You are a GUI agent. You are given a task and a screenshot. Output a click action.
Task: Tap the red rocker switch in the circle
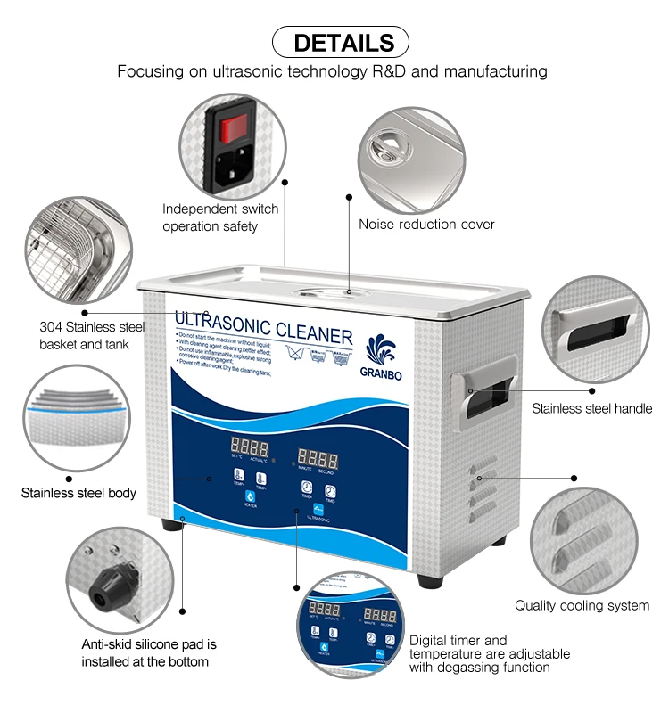[234, 127]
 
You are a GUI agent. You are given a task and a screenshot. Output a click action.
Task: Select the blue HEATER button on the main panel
[249, 495]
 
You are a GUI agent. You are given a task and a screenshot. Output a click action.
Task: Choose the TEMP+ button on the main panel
[238, 476]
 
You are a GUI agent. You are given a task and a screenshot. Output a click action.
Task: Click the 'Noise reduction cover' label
[426, 225]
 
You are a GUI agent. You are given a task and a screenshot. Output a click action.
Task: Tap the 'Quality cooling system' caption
[582, 606]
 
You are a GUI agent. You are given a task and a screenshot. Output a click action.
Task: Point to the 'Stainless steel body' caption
[78, 492]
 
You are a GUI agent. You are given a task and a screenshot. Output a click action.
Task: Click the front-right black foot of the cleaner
[430, 580]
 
